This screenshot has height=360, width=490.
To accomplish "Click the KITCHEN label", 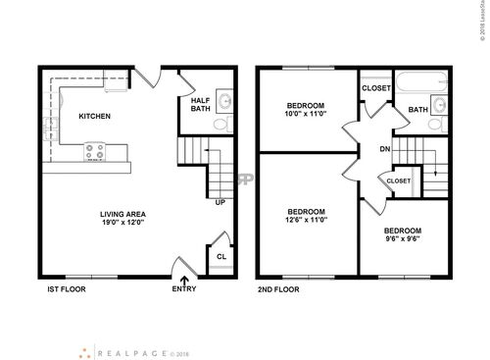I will [x=94, y=116].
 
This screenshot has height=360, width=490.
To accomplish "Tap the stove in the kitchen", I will [x=98, y=152].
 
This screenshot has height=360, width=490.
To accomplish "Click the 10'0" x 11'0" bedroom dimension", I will [x=307, y=116].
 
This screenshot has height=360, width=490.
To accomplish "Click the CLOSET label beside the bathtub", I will [x=376, y=88].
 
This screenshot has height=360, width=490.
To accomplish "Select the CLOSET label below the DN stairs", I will [x=399, y=181].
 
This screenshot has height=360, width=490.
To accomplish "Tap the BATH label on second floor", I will [x=417, y=109].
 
